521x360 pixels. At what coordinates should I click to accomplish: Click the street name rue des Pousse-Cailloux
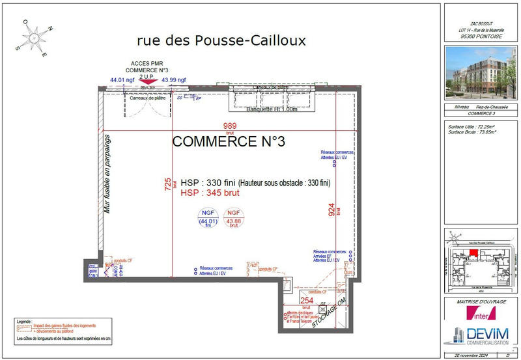[221, 40]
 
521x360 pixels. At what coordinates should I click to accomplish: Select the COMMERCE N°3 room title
[229, 142]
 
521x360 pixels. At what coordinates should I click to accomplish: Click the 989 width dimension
[229, 126]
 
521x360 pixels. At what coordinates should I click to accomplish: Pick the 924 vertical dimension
[331, 209]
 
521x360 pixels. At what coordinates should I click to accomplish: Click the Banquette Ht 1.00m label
[272, 109]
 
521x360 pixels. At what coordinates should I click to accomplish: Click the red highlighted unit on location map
[473, 253]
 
